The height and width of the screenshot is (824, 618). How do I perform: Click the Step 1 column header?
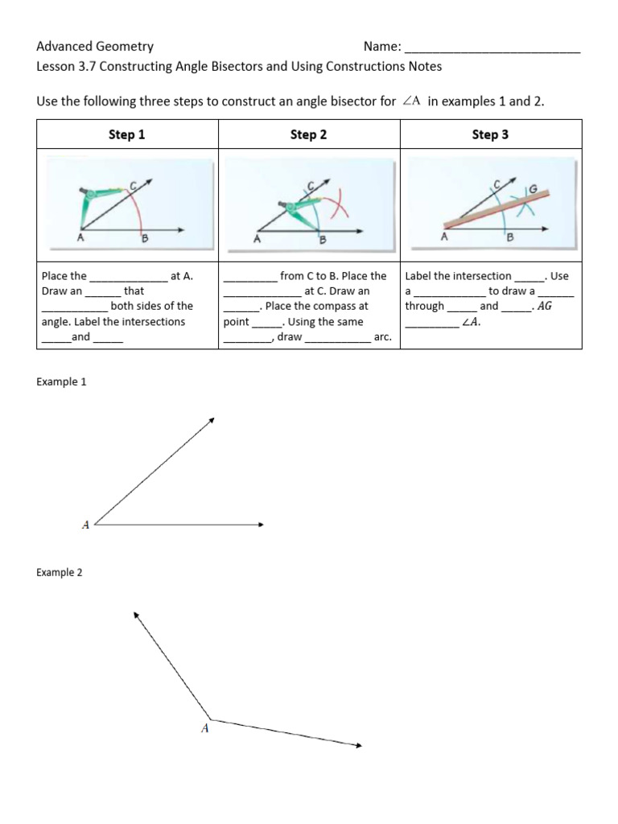(x=127, y=135)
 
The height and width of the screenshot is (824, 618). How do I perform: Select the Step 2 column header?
(x=308, y=135)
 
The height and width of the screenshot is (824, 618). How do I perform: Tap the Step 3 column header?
(x=490, y=135)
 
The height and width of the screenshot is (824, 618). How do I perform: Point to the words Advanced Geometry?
(x=95, y=47)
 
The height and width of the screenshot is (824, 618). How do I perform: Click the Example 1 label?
(x=61, y=382)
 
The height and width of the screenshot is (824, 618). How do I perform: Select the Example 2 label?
(x=61, y=573)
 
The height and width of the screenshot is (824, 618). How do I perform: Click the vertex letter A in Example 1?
(x=85, y=525)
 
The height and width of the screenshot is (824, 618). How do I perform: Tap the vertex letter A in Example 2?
(x=204, y=728)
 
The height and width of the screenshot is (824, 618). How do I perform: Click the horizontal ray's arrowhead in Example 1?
(x=260, y=525)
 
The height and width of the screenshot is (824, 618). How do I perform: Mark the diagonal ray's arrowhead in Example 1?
(x=211, y=420)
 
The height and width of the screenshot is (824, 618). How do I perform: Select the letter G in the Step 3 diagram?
(x=532, y=190)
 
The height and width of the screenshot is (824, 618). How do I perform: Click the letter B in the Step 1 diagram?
(x=144, y=238)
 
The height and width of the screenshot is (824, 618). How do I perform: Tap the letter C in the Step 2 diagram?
(x=311, y=186)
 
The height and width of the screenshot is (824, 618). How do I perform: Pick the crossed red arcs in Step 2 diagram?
(x=340, y=207)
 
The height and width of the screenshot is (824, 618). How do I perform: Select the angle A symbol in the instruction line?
(x=411, y=101)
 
